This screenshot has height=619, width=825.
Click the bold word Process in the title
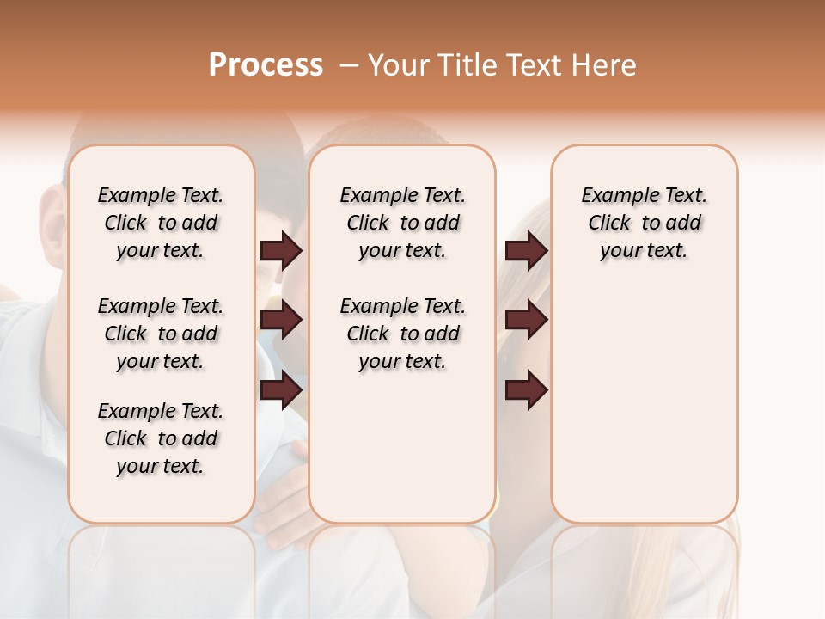[x=266, y=64]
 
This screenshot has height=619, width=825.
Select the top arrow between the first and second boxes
[x=281, y=250]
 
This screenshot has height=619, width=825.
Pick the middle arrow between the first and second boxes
[x=281, y=320]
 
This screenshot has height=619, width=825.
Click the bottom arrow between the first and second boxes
[x=281, y=390]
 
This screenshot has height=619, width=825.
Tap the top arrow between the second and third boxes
[x=526, y=250]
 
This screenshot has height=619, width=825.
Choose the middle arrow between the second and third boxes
[x=526, y=320]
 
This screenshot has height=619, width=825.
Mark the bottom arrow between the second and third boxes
[x=526, y=390]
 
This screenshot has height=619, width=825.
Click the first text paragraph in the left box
[x=161, y=223]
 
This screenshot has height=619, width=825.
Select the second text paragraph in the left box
[x=161, y=334]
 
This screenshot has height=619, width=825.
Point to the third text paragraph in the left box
[x=161, y=438]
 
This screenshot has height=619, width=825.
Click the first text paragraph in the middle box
[x=402, y=223]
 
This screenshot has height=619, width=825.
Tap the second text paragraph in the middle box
[x=402, y=334]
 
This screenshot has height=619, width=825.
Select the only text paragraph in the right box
[x=644, y=223]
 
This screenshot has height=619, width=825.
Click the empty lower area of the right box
[x=644, y=404]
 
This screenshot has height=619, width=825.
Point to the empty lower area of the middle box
[x=402, y=447]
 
